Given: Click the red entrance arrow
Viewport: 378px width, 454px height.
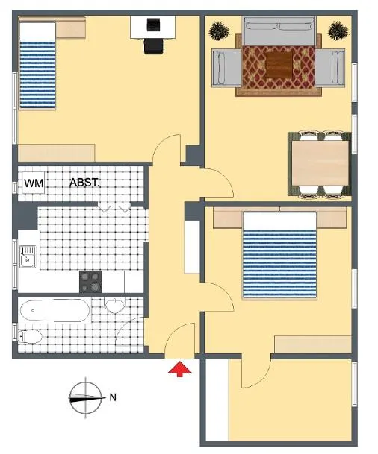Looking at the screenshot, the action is (x=180, y=369).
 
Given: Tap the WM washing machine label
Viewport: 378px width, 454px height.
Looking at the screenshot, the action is (x=34, y=183).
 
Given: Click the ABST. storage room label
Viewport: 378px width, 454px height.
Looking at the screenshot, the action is (x=84, y=183).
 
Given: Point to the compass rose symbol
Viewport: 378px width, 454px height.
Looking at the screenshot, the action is (x=86, y=397).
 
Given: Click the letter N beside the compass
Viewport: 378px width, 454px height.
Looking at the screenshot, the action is (x=113, y=397).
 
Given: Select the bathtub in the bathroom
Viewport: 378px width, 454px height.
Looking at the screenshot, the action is (x=55, y=310).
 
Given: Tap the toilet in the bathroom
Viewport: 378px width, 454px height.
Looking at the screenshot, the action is (x=30, y=336).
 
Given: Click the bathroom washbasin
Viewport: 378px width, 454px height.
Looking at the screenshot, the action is (x=114, y=306).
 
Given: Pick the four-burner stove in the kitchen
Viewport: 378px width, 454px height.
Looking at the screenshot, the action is (x=90, y=282).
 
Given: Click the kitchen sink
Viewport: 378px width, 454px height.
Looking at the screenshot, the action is (x=28, y=256).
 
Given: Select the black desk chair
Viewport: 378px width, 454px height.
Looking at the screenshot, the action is (x=154, y=46).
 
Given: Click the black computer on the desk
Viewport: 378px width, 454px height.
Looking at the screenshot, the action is (x=153, y=25).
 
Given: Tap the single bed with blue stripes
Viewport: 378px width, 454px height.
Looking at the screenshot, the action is (x=37, y=66).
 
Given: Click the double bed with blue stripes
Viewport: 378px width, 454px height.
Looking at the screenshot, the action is (x=279, y=256).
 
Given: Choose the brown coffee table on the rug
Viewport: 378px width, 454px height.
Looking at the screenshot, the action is (x=279, y=65).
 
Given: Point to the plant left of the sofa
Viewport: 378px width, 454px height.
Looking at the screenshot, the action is (x=219, y=31).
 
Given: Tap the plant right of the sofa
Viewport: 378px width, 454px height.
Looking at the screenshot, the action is (x=338, y=31).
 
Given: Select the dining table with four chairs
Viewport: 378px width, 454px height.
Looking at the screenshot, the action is (x=320, y=164).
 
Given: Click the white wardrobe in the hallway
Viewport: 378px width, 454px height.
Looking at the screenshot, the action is (x=192, y=247).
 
